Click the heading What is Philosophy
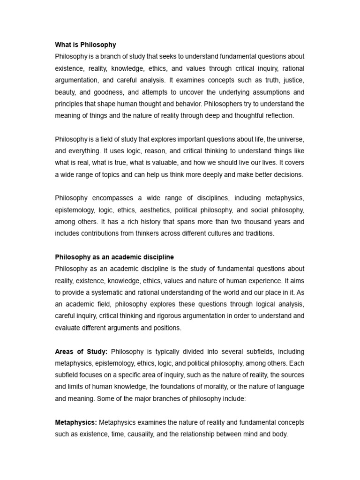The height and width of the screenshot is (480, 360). pos(85,45)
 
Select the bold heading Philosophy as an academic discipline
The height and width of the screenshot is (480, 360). pos(114,257)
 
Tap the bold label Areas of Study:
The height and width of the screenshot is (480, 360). pos(81,352)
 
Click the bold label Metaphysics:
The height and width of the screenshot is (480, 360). pos(76,422)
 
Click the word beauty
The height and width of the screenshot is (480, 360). pos(65,92)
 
